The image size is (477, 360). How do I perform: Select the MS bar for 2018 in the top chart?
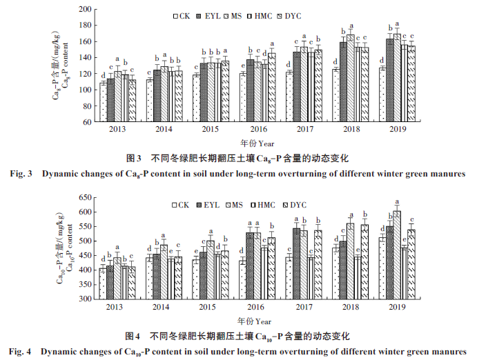coord(351,78)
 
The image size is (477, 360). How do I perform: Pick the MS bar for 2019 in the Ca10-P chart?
coord(397,254)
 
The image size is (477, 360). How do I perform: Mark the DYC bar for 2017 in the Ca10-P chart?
coord(318,264)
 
